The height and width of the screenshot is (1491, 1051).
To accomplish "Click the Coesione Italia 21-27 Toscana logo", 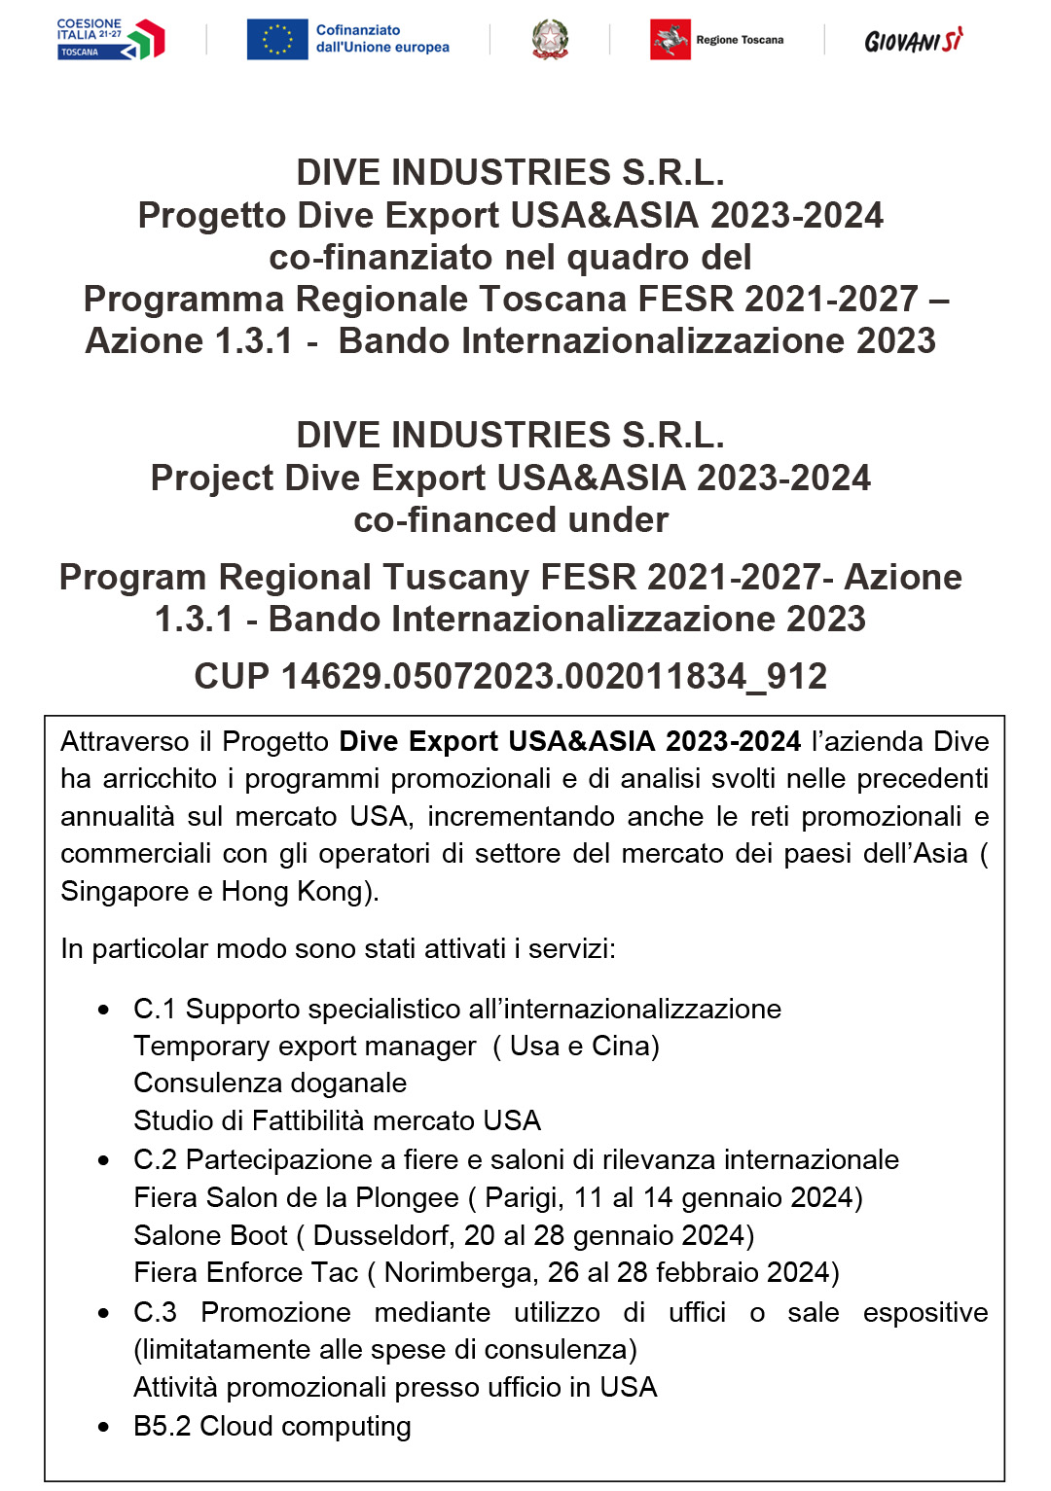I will click(x=110, y=39).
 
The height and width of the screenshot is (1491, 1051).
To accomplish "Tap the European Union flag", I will click(x=277, y=40).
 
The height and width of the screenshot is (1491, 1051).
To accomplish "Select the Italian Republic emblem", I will click(x=550, y=40).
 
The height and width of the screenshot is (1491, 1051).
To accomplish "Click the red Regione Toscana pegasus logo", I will click(x=670, y=40).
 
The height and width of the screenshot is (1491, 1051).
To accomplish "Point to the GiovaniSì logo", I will click(x=913, y=41).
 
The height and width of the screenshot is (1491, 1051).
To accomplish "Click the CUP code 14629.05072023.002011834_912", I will click(x=511, y=676).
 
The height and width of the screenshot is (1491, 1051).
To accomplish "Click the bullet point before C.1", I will click(x=104, y=1011).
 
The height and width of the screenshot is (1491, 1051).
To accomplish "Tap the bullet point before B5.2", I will click(x=104, y=1428).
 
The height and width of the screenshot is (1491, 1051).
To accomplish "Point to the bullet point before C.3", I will click(x=104, y=1313).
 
